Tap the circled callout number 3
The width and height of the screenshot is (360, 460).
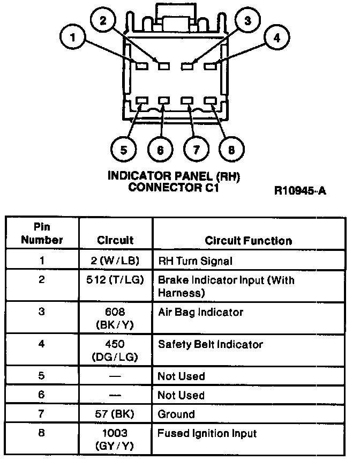[246, 21]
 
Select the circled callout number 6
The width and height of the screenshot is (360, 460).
[160, 150]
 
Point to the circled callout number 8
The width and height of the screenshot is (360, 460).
[231, 150]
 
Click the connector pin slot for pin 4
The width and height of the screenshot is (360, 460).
[211, 66]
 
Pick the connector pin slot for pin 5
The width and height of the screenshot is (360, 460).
[142, 101]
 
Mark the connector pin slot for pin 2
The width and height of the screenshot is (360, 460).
[163, 66]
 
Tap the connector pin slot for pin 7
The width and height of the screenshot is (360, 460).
[187, 101]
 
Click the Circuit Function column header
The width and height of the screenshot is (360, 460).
[248, 241]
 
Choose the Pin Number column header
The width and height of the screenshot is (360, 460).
[42, 233]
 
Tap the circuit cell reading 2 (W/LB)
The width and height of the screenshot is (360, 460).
[115, 261]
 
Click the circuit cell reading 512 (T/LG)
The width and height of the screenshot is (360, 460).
[115, 280]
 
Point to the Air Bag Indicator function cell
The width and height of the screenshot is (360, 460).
[200, 312]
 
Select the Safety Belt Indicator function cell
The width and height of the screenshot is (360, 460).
[210, 344]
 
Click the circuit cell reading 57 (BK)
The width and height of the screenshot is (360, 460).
[115, 414]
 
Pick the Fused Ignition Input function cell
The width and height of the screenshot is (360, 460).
[207, 433]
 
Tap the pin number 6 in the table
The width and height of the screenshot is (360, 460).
[42, 395]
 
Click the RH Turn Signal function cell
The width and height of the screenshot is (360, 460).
[194, 261]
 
